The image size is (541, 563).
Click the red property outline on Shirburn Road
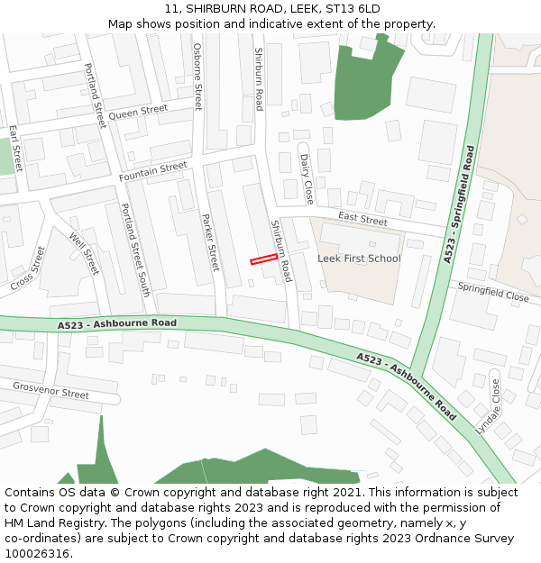(263, 259)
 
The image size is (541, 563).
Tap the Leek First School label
(359, 259)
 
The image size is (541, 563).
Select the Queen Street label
(138, 113)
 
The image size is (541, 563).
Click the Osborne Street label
(197, 77)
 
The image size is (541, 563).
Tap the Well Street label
(84, 254)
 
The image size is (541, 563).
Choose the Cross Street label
(28, 268)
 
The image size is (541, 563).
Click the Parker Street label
(210, 242)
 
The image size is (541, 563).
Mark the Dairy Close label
(307, 178)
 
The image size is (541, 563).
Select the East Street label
(362, 219)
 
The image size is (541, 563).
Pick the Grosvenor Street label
(50, 390)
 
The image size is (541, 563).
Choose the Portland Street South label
(135, 250)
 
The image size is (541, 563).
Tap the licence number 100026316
(37, 553)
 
